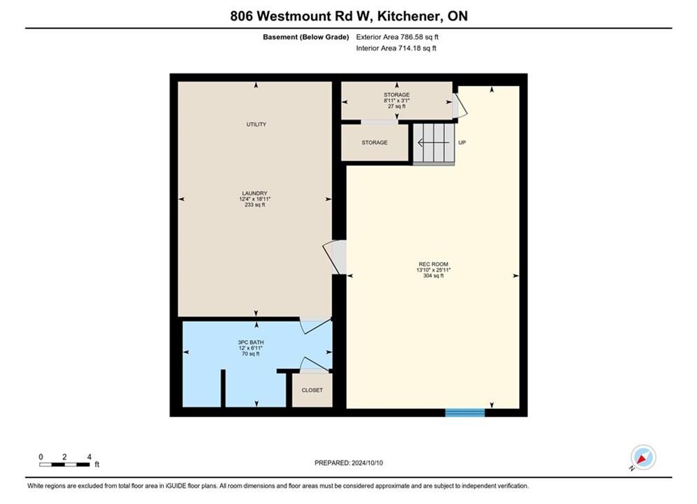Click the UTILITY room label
[x=256, y=125]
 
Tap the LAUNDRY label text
[x=255, y=193]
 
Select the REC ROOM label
[x=434, y=264]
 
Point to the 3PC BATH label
[x=251, y=342]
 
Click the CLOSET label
[x=312, y=391]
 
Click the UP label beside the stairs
[x=462, y=143]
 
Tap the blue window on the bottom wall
[x=465, y=412]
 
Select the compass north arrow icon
[x=643, y=457]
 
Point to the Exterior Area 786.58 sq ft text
[x=397, y=37]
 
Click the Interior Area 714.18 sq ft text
[x=396, y=48]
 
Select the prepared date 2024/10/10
[x=367, y=463]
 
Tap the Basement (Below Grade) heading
[x=306, y=37]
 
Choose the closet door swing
[x=315, y=364]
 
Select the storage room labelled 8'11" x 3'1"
[x=396, y=100]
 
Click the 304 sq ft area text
[x=434, y=276]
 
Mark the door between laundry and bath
[x=316, y=325]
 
